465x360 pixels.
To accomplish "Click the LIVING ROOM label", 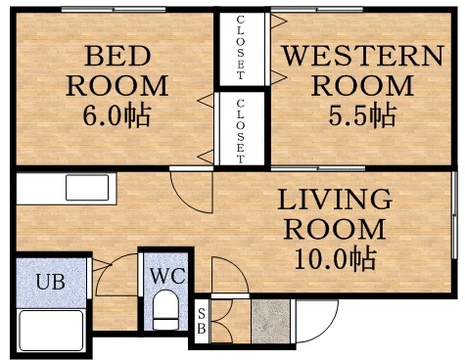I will (334, 215).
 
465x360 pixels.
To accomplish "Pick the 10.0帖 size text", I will (334, 260).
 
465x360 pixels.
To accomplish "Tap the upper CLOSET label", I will (241, 49).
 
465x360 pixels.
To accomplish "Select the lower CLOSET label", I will (241, 129).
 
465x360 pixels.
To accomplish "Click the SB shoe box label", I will (202, 320).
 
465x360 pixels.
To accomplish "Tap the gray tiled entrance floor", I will (271, 320).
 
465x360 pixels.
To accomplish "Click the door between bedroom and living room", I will (191, 191).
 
